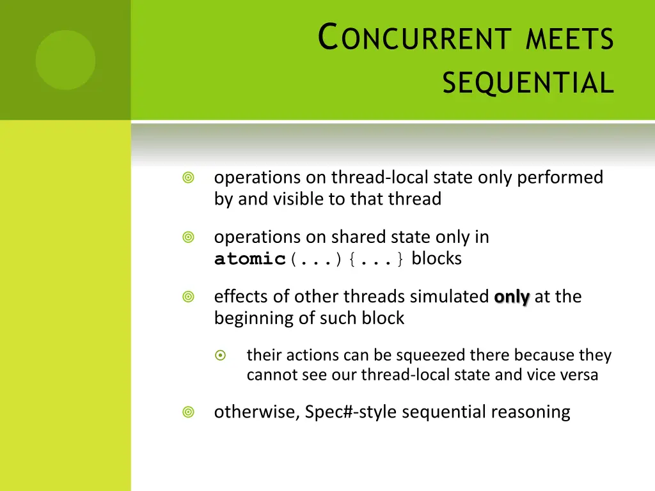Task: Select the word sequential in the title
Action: point(528,82)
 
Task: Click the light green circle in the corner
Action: point(65,59)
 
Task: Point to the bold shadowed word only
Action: point(512,297)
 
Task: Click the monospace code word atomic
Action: point(250,260)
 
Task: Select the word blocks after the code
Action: point(436,259)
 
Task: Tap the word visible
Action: point(299,199)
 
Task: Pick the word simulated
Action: point(449,297)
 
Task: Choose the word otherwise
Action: point(256,412)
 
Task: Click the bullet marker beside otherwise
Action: point(188,412)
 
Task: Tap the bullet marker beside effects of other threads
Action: point(188,297)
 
